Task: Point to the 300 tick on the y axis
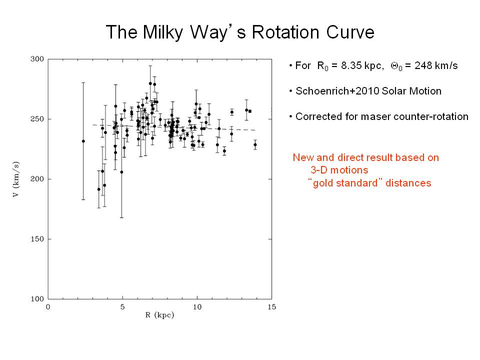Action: (38, 59)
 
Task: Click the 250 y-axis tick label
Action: (38, 119)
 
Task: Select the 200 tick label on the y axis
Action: (38, 179)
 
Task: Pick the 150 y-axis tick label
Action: (38, 239)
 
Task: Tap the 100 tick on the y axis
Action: (38, 299)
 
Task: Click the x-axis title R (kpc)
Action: (159, 315)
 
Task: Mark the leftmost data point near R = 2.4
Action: (83, 141)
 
